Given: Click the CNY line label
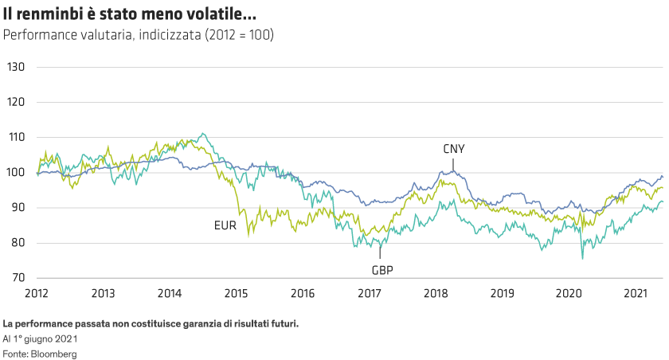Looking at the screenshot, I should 454,149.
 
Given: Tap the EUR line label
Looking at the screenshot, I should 225,225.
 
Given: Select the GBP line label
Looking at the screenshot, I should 381,269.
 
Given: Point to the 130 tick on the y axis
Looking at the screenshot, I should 16,67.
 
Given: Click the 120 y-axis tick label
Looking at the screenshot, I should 16,102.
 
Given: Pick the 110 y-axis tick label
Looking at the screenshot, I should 16,137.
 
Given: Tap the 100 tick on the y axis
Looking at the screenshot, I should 16,172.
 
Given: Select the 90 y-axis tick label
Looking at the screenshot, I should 18,207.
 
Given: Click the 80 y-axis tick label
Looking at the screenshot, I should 18,243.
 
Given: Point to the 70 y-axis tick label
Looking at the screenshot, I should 18,278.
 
